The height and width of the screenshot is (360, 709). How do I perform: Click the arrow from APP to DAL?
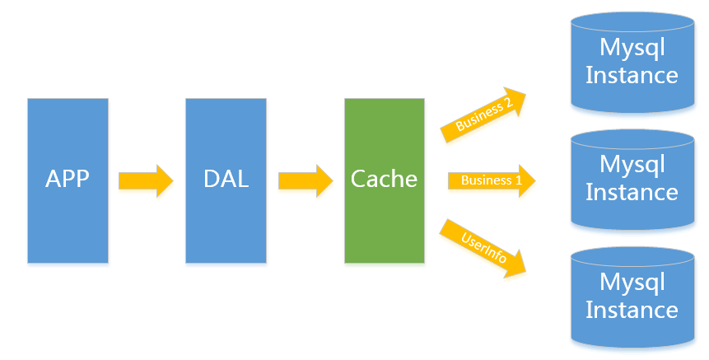[146, 180]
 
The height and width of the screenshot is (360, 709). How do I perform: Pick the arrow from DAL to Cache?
[305, 180]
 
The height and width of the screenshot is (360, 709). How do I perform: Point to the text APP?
[68, 179]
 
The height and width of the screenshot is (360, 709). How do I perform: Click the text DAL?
[226, 179]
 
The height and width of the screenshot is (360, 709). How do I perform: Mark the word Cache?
[384, 179]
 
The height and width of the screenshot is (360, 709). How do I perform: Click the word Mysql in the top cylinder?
[632, 48]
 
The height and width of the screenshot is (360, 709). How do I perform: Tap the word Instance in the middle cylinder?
[632, 193]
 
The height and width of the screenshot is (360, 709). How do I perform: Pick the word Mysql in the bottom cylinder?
[632, 283]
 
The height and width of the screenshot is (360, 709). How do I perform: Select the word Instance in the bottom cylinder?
[632, 311]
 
